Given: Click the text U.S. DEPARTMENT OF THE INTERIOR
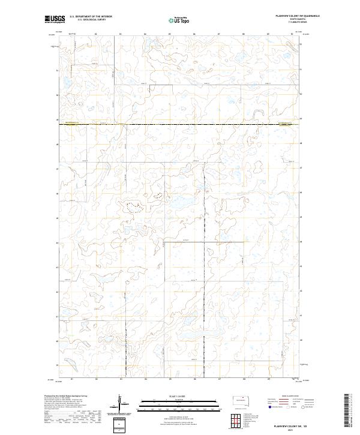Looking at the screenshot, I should coord(91,17).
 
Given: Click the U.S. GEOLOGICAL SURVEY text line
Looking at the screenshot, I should coord(91,20).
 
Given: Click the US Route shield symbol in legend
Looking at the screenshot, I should coord(288,407).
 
